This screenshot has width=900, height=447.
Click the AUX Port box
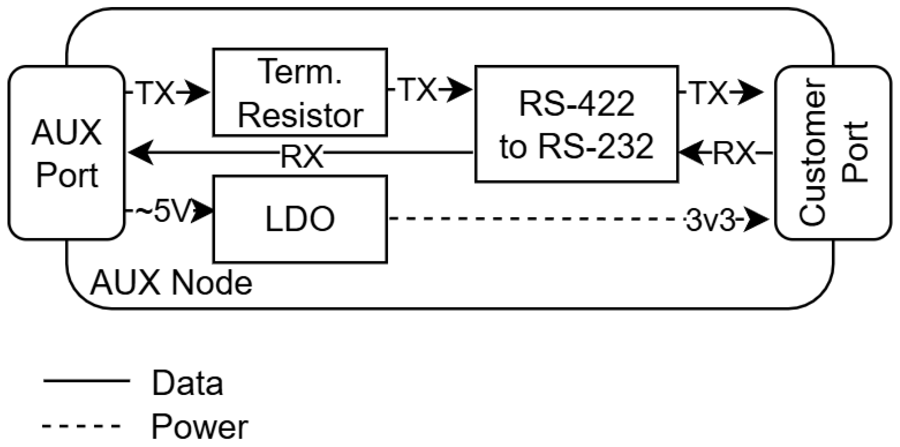(x=67, y=153)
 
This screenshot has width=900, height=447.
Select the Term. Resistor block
(x=300, y=92)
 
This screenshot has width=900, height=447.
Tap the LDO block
(x=300, y=219)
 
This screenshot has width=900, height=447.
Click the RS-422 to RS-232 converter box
(x=576, y=124)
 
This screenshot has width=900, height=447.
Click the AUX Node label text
(x=171, y=283)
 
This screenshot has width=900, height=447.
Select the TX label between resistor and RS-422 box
(x=418, y=89)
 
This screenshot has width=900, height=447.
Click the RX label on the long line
(x=302, y=156)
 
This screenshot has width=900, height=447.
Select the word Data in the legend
(x=188, y=382)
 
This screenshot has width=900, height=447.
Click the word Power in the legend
(x=200, y=427)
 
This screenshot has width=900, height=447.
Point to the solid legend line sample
(x=87, y=380)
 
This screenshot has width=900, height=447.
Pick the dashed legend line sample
(x=81, y=425)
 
